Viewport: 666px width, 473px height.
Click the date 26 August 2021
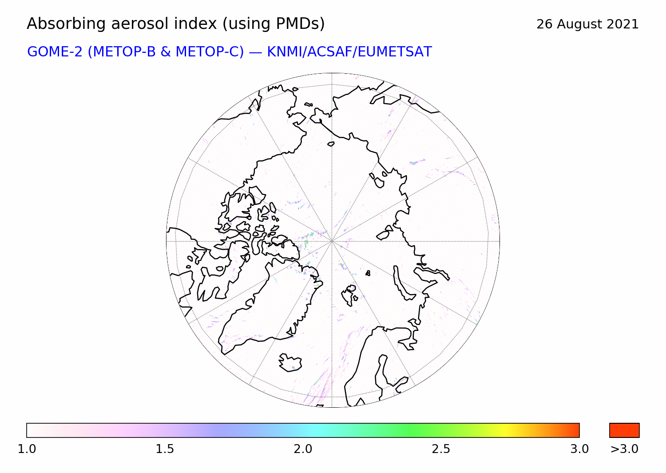[x=587, y=24]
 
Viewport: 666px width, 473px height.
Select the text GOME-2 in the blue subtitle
[x=55, y=52]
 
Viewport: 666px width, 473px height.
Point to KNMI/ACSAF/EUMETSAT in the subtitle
[x=349, y=52]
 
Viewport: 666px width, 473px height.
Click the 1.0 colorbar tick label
[x=27, y=449]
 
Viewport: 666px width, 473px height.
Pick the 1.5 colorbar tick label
[x=165, y=449]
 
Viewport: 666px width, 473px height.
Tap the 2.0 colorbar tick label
[x=303, y=449]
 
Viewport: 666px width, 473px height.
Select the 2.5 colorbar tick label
[x=441, y=449]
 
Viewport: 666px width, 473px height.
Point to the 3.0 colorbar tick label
[x=579, y=449]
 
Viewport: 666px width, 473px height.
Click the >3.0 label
[x=624, y=449]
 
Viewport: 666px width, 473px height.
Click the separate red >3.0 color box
[x=624, y=430]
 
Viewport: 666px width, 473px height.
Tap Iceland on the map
[x=290, y=362]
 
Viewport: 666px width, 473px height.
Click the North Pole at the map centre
[x=332, y=241]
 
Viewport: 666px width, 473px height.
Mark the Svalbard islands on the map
[x=349, y=295]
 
